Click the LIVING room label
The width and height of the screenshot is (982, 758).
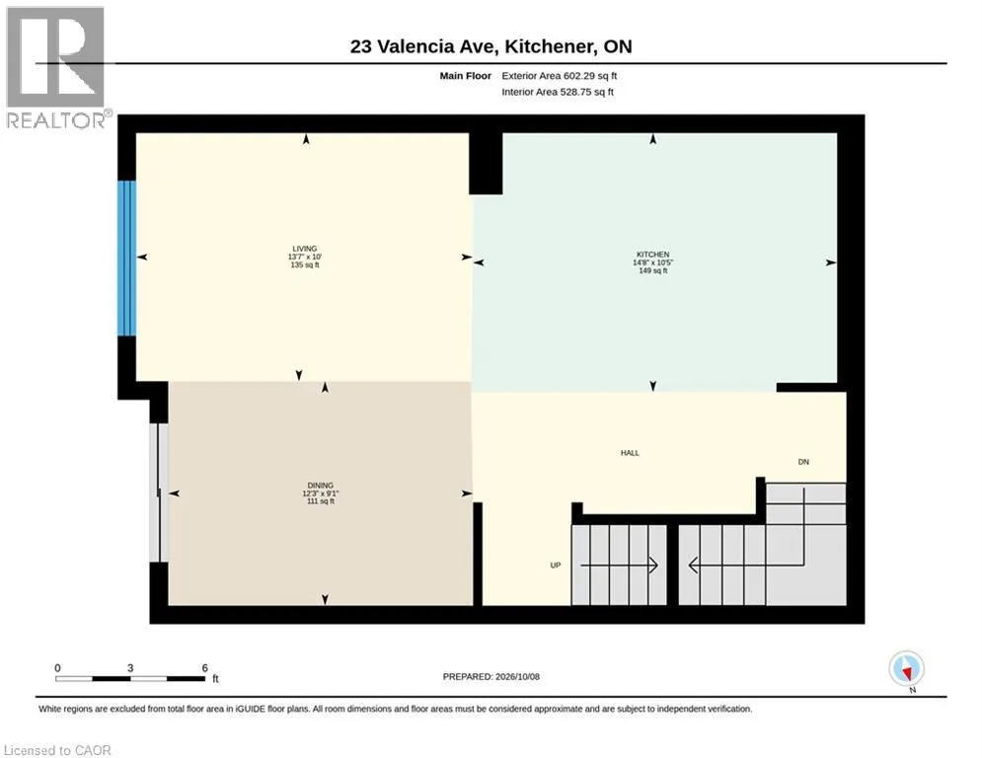coord(304,249)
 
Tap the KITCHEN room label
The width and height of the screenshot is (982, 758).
coord(653,255)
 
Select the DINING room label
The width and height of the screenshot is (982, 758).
coord(320,486)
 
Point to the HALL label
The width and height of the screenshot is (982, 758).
coord(630,453)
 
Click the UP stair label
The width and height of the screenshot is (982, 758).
coord(556,566)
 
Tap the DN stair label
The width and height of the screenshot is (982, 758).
coord(803,462)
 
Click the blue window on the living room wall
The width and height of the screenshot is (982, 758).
coord(126,259)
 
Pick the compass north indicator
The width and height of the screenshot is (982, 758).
coord(906,669)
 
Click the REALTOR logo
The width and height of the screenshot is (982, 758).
coord(56,68)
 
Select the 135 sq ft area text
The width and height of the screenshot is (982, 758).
coord(305,265)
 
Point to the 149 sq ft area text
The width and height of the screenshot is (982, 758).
coord(653,270)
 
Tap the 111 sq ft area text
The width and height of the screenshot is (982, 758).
coord(321,501)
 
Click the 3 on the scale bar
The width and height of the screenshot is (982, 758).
coord(130,668)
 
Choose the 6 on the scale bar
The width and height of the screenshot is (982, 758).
coord(205,668)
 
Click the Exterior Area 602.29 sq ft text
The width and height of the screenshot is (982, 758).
coord(560,76)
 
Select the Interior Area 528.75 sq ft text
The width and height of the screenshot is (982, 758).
coord(558,92)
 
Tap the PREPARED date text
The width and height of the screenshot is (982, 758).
coord(491,676)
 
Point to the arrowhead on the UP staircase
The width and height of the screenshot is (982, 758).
coord(653,566)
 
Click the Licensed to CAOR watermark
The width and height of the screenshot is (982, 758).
coord(57,750)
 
